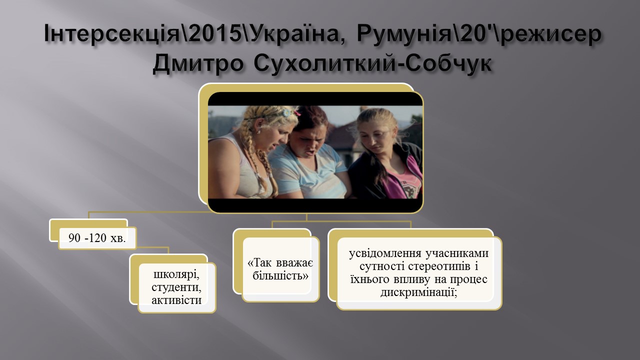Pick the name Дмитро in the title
(198, 63)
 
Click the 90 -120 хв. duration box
(97, 238)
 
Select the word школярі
(176, 275)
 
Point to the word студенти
(176, 287)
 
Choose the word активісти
(176, 300)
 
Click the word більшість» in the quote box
(280, 276)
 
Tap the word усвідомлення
(385, 253)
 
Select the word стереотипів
(439, 266)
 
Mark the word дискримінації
(419, 292)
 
